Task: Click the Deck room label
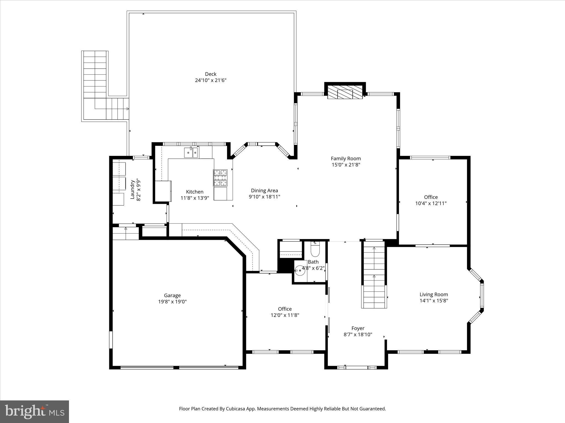pyautogui.click(x=210, y=74)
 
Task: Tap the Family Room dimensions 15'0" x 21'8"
pyautogui.click(x=346, y=165)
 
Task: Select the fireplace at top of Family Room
pyautogui.click(x=345, y=92)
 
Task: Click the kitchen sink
pyautogui.click(x=191, y=153)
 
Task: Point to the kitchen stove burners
pyautogui.click(x=220, y=177)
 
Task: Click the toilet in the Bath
pyautogui.click(x=315, y=250)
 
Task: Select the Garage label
pyautogui.click(x=172, y=295)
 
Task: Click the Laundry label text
pyautogui.click(x=132, y=189)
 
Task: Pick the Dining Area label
pyautogui.click(x=264, y=191)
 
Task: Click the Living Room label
pyautogui.click(x=434, y=294)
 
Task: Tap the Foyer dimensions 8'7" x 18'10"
pyautogui.click(x=358, y=335)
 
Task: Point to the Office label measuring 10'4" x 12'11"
pyautogui.click(x=431, y=197)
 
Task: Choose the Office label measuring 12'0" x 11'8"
pyautogui.click(x=285, y=309)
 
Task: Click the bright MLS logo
pyautogui.click(x=34, y=411)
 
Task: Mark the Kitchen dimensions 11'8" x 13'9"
pyautogui.click(x=195, y=198)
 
